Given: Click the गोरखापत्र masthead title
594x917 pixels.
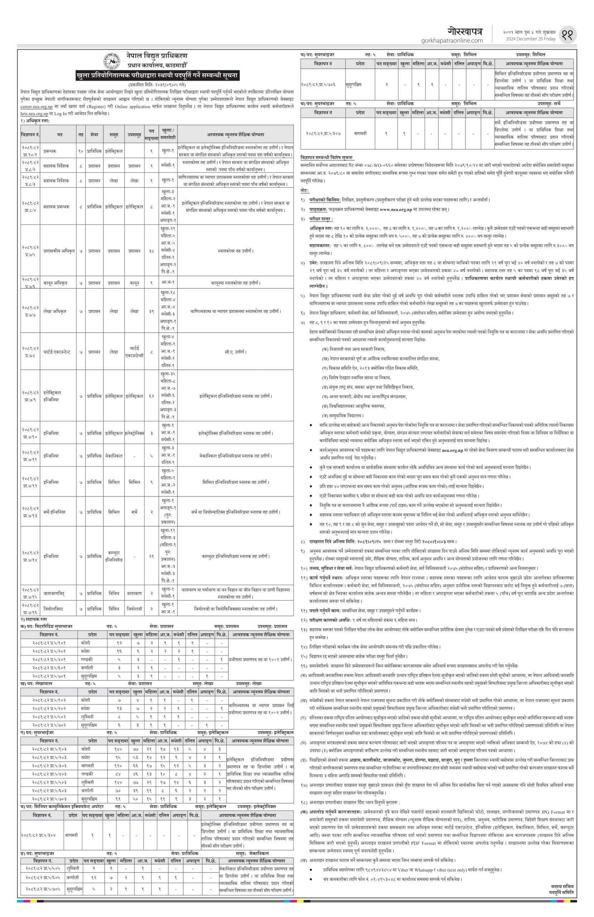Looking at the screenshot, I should point(465,32).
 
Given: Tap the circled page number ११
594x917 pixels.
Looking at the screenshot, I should point(570,35).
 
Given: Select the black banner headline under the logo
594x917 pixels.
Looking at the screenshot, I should point(158,75).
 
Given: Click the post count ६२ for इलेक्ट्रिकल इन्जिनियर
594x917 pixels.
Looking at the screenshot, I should point(151,396).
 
